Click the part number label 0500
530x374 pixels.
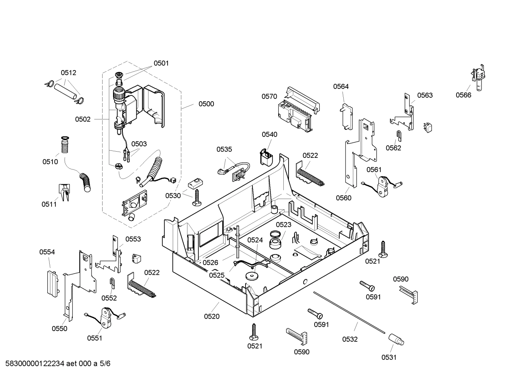click(206, 104)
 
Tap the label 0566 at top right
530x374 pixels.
click(463, 95)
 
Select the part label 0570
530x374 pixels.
click(269, 97)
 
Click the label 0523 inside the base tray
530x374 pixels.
click(283, 225)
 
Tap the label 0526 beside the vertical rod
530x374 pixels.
click(210, 262)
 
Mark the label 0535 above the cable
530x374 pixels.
click(224, 149)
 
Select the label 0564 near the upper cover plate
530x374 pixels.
click(341, 87)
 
